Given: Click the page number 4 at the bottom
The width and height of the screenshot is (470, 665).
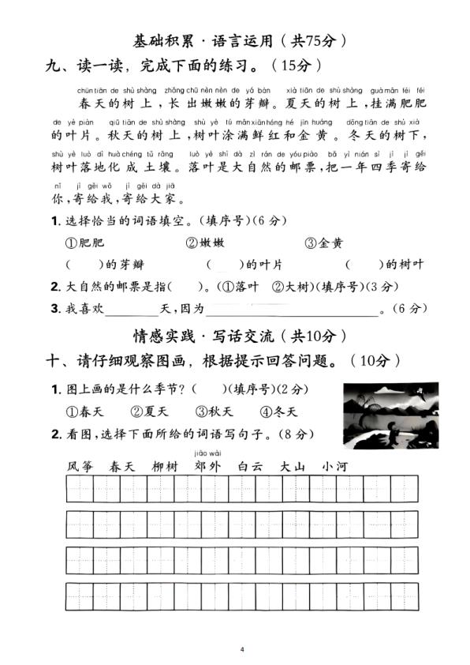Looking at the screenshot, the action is click(x=243, y=649).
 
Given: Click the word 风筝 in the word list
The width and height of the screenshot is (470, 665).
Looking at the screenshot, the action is click(x=80, y=466).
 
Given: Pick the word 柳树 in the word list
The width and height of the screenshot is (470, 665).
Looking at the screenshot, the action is click(x=165, y=466).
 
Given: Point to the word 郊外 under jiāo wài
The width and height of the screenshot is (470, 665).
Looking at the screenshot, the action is click(x=207, y=466).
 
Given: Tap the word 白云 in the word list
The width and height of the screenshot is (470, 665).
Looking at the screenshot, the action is click(x=250, y=466).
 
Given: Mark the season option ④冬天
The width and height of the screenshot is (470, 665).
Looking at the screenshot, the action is click(x=278, y=411).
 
